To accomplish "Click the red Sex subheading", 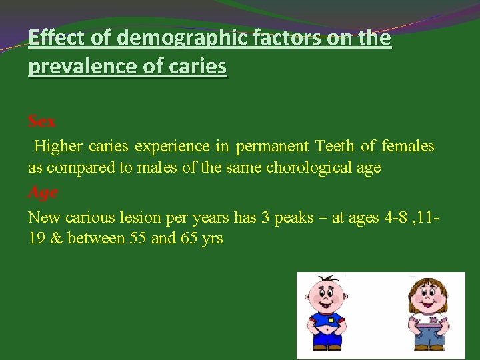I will click(42, 121).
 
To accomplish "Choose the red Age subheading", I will click(43, 192).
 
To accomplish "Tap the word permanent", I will click(271, 146).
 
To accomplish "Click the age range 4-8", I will click(398, 217).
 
